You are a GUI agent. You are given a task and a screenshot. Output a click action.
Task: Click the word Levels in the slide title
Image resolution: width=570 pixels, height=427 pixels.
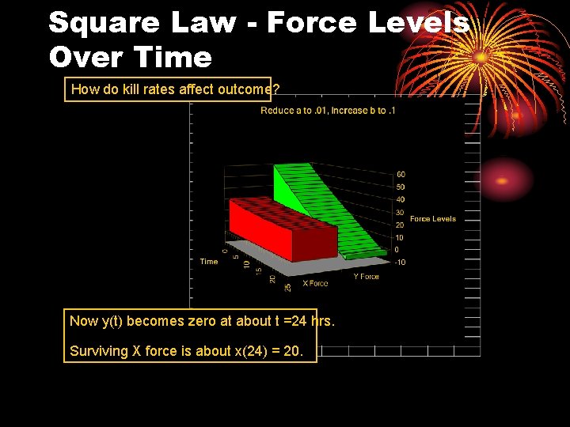(419, 22)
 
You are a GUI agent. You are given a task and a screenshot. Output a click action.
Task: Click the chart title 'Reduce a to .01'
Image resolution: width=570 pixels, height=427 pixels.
(292, 111)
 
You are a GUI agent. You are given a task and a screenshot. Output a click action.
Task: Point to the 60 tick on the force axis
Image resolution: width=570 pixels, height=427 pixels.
(401, 175)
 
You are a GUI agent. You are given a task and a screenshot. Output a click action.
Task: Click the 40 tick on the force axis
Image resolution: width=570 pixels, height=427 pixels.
(401, 200)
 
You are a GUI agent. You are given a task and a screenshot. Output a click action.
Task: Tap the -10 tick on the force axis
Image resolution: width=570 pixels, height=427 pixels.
(400, 263)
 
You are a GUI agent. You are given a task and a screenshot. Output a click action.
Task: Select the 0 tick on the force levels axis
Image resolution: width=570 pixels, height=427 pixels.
(398, 250)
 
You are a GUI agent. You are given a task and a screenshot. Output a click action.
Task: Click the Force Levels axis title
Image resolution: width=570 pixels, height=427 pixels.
(432, 219)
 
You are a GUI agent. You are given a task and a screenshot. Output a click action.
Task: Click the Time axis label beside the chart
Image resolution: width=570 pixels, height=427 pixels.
(208, 262)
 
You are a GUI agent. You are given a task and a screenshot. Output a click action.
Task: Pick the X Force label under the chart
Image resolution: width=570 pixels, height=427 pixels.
(315, 283)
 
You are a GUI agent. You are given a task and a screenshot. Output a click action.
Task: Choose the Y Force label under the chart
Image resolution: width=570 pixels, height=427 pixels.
(366, 277)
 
